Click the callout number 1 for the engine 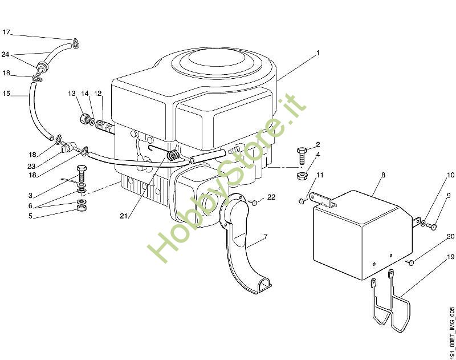[317, 53]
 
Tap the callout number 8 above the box [383, 175]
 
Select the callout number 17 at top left [6, 33]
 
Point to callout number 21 [124, 216]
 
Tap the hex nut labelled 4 [302, 175]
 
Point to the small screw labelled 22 [254, 201]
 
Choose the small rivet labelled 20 [410, 262]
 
